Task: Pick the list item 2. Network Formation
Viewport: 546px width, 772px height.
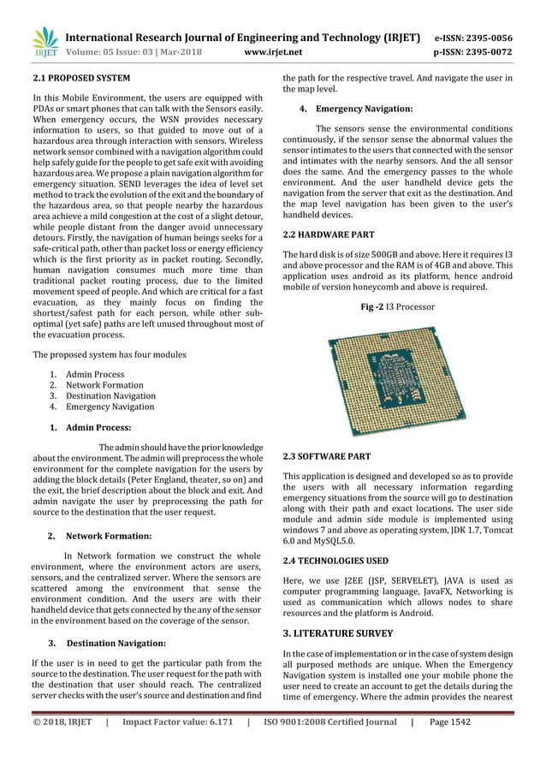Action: [x=101, y=385]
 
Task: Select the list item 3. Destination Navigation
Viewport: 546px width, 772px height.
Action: [x=108, y=396]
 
